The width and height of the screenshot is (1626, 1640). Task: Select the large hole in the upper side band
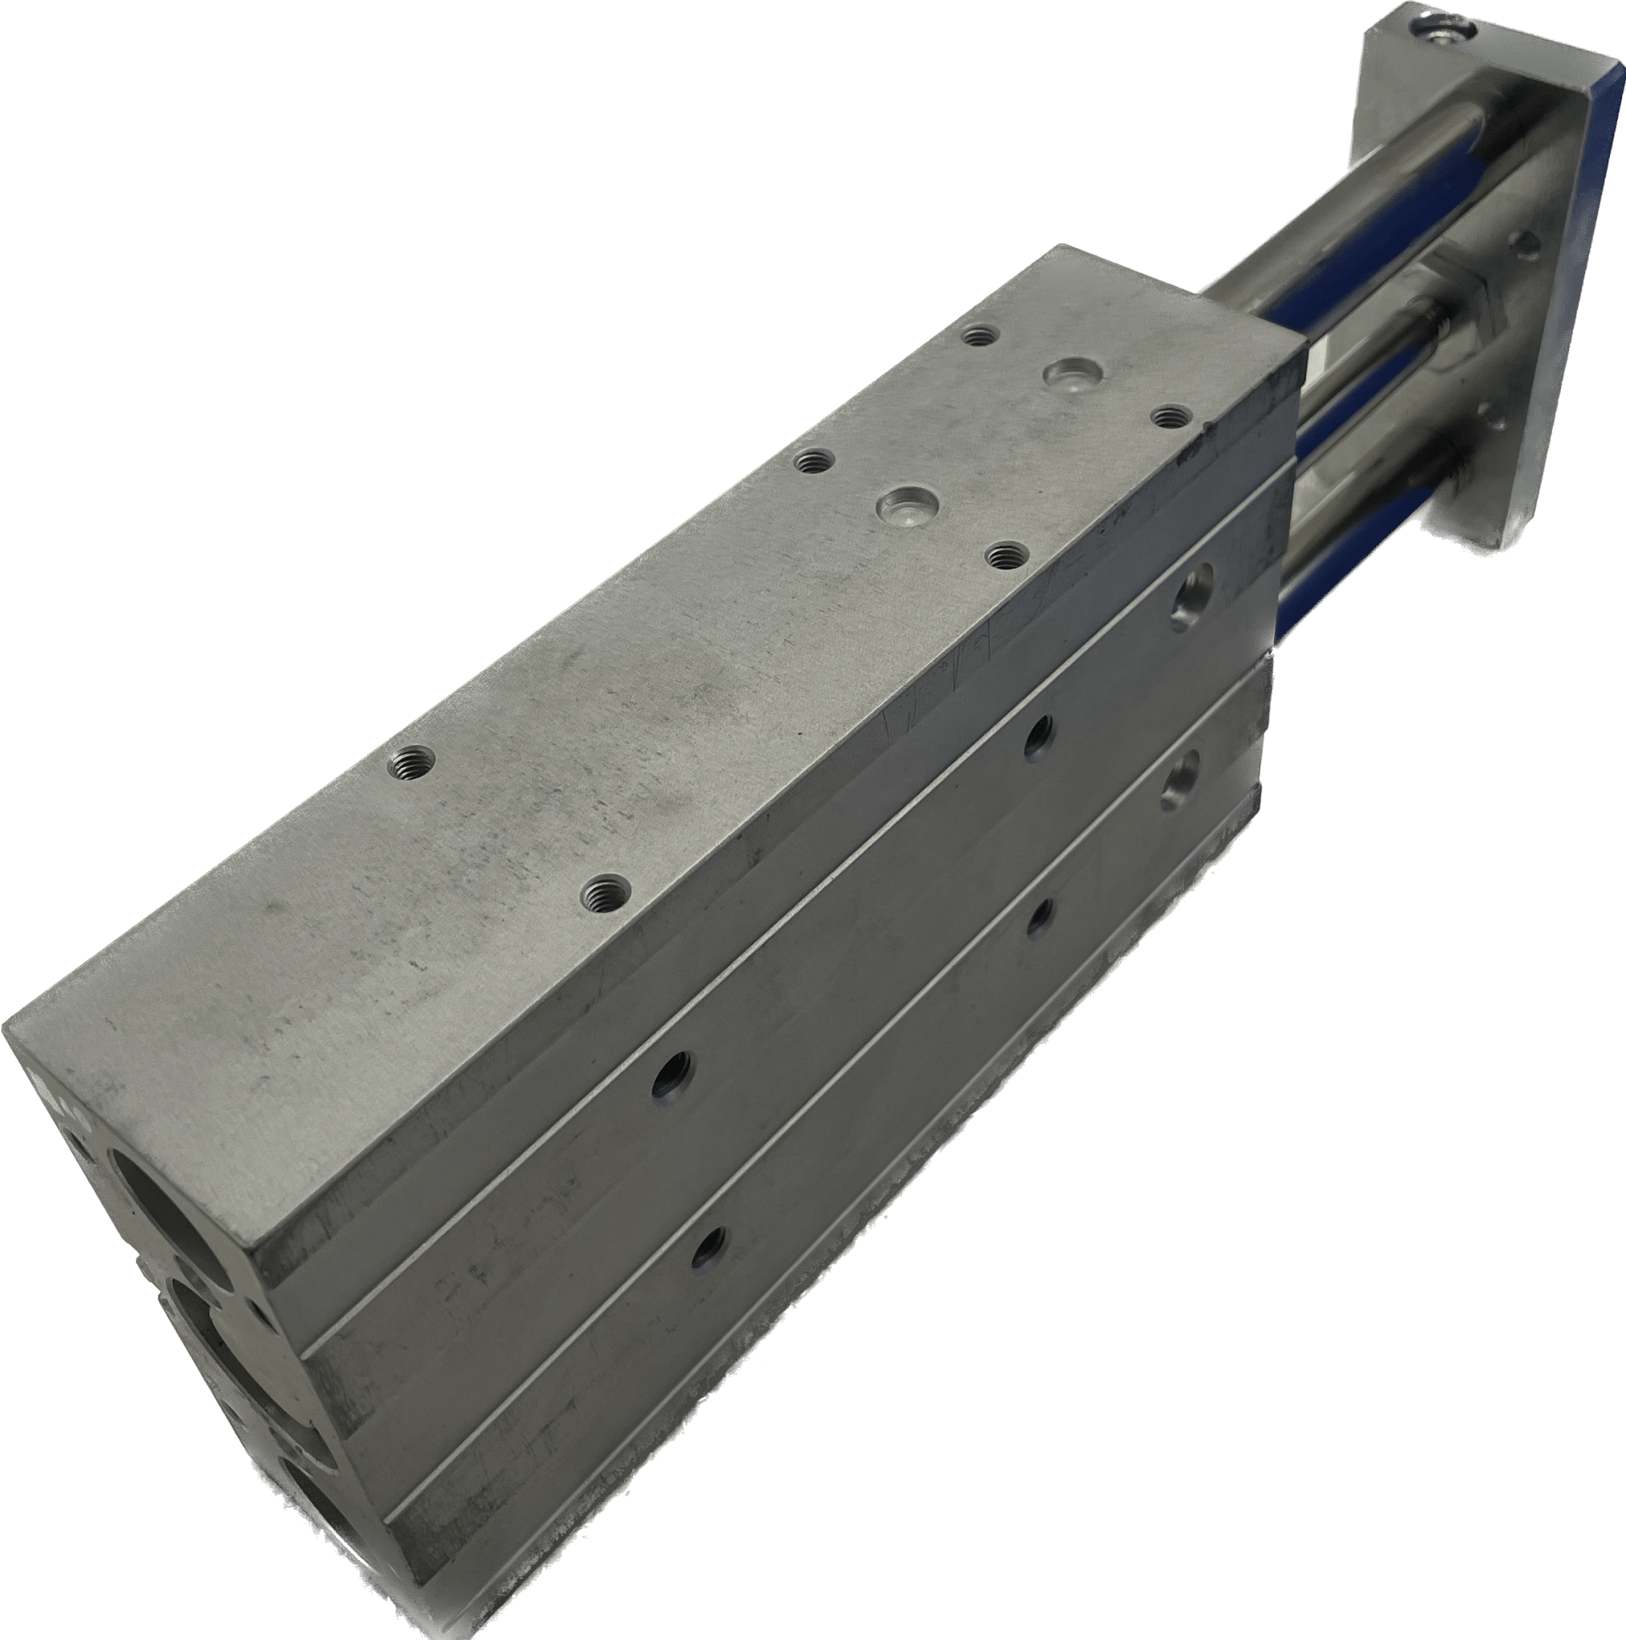click(1190, 591)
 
